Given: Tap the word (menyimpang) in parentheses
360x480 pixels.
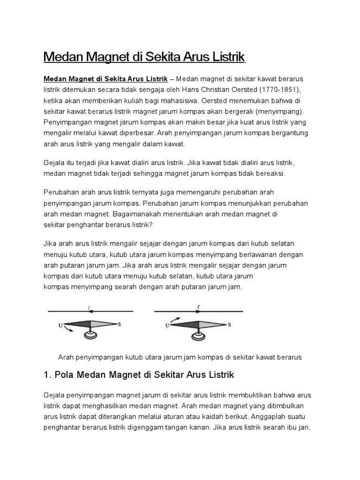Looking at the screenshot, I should (279, 112).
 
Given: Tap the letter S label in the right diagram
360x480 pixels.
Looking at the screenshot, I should (229, 324).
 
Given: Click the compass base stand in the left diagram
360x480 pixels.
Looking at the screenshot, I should (89, 334).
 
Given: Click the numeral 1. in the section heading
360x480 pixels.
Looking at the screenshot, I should (46, 375).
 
